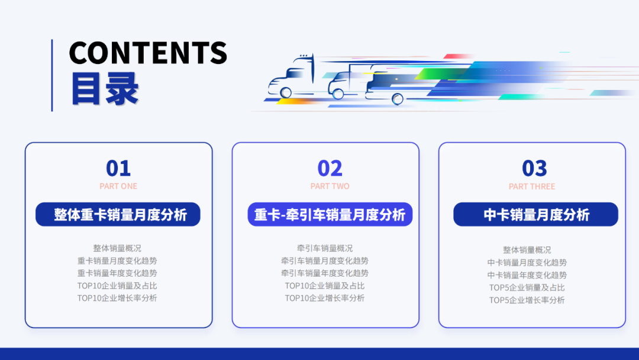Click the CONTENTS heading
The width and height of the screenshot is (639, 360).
(x=148, y=53)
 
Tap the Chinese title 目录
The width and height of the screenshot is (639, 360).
(x=105, y=89)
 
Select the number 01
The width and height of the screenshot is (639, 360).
(x=118, y=169)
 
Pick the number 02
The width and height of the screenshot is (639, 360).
(x=330, y=169)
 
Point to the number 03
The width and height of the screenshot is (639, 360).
(x=534, y=169)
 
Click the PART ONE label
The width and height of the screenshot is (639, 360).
(x=118, y=186)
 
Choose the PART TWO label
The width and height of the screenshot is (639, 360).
(x=330, y=186)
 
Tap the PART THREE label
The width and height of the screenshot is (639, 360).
(x=532, y=186)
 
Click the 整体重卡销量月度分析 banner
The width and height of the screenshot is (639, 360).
(x=118, y=214)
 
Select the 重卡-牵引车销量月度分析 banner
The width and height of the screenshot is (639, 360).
(x=330, y=214)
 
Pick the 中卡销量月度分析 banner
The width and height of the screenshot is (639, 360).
(x=535, y=214)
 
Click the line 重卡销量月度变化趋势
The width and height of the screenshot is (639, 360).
(x=117, y=261)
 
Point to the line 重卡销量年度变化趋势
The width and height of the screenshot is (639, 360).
(x=117, y=273)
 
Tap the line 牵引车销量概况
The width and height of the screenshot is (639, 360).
(x=325, y=248)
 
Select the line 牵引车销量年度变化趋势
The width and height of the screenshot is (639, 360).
(x=325, y=273)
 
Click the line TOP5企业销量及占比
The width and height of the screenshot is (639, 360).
(x=527, y=288)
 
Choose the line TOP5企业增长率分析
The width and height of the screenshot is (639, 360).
(x=527, y=300)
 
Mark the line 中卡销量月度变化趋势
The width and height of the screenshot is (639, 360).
(x=527, y=262)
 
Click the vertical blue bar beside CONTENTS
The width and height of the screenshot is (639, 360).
(x=52, y=75)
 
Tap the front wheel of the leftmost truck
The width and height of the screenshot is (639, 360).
(x=286, y=92)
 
